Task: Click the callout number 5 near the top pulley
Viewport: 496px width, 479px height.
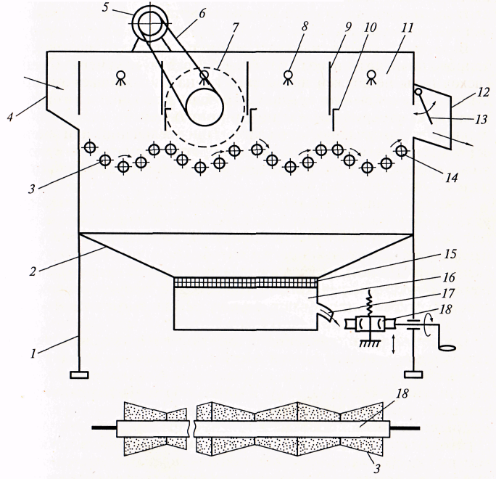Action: (x=106, y=7)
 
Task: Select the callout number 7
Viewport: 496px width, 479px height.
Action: (x=235, y=28)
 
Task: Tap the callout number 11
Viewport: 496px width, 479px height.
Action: (x=407, y=28)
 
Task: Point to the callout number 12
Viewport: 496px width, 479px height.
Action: (x=482, y=93)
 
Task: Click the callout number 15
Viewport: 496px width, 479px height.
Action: (x=450, y=254)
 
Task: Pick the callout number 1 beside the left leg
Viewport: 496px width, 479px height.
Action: (x=33, y=353)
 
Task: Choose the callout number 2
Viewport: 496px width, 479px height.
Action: (x=33, y=271)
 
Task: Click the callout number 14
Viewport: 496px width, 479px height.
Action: (x=451, y=178)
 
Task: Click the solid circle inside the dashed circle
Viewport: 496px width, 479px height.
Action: (x=204, y=107)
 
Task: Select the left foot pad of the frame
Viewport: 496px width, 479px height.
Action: (x=79, y=374)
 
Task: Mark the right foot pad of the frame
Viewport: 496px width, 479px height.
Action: (x=413, y=374)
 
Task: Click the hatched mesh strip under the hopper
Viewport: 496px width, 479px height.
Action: (x=246, y=282)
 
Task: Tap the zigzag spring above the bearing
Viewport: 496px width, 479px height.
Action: (x=369, y=304)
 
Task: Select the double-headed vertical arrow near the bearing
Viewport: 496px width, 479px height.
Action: (x=393, y=345)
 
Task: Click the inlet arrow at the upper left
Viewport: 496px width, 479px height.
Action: (x=45, y=83)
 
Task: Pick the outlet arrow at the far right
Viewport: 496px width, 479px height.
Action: (x=453, y=139)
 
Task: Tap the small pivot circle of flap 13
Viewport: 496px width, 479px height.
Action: (x=418, y=91)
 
